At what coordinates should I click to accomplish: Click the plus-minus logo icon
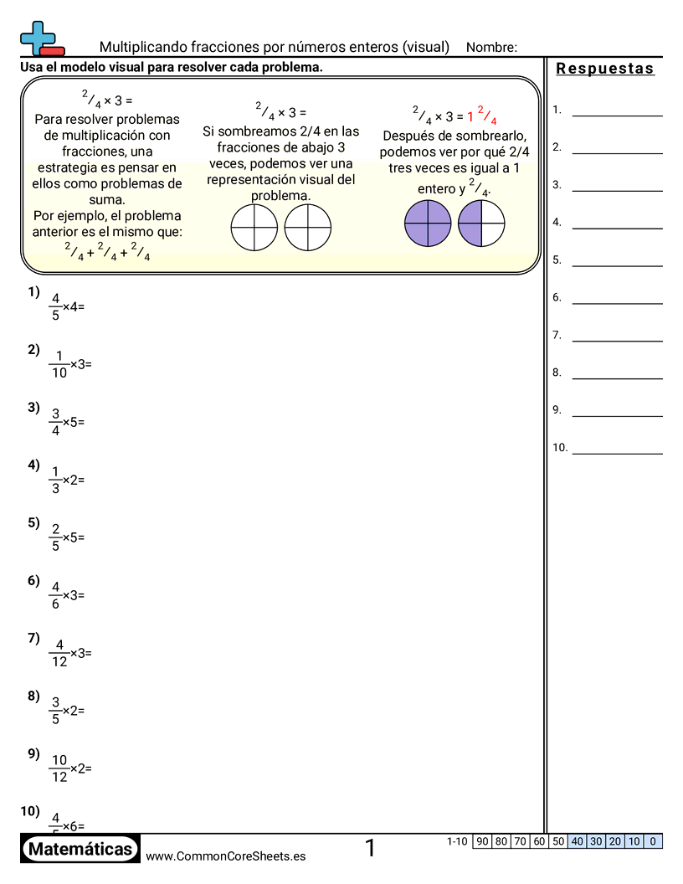click(x=40, y=38)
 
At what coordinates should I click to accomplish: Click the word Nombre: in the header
click(x=491, y=47)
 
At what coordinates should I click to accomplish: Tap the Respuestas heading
click(x=605, y=69)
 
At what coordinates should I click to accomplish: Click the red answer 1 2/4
click(x=482, y=116)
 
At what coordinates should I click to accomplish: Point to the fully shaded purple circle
click(x=428, y=224)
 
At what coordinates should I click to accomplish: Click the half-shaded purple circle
click(x=481, y=224)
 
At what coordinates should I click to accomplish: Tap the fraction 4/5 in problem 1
click(x=55, y=306)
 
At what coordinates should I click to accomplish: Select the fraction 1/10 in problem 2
click(x=59, y=364)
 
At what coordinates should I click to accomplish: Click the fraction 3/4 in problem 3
click(x=55, y=422)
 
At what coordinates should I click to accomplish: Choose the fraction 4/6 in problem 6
click(x=55, y=595)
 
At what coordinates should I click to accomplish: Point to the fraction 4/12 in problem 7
click(x=59, y=652)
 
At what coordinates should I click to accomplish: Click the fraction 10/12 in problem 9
click(x=59, y=768)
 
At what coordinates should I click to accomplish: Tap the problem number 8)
click(x=33, y=696)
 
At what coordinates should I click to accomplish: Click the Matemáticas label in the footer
click(x=80, y=850)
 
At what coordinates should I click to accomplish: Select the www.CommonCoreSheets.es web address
click(x=225, y=856)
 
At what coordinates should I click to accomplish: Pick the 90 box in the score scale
click(x=482, y=841)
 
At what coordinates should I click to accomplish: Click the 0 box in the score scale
click(x=653, y=841)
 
